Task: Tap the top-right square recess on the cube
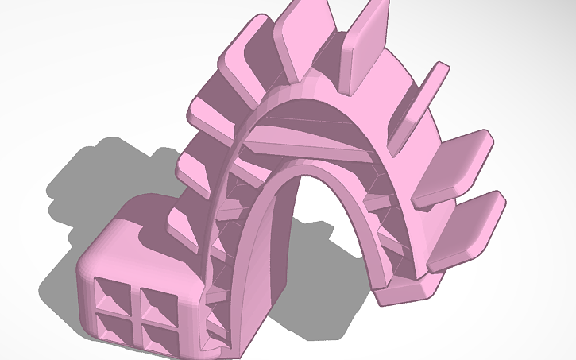[x=155, y=304]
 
